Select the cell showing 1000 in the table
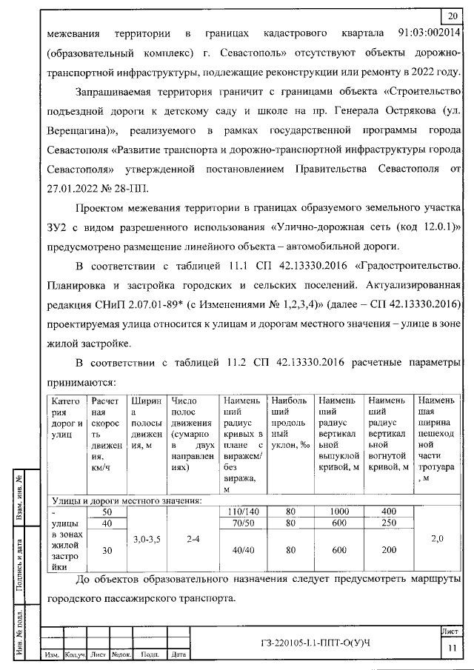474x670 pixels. pyautogui.click(x=338, y=512)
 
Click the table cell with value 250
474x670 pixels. pyautogui.click(x=388, y=523)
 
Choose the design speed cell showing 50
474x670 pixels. pyautogui.click(x=107, y=512)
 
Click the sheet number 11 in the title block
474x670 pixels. pyautogui.click(x=450, y=648)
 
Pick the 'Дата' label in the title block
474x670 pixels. pyautogui.click(x=178, y=654)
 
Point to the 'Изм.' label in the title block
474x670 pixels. pyautogui.click(x=53, y=654)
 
